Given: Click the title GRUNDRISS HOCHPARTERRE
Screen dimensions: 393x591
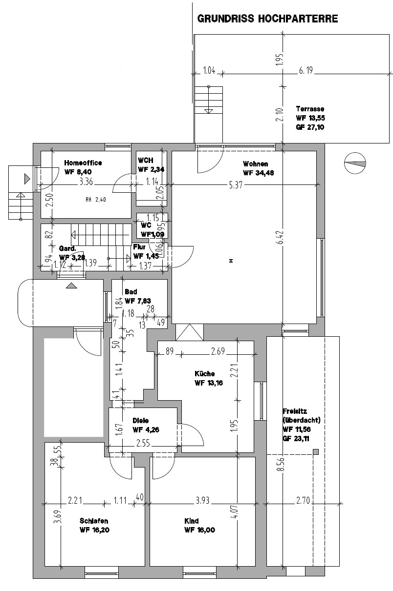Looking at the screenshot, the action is click(x=267, y=19).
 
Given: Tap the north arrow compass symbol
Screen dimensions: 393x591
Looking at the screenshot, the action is click(x=355, y=163).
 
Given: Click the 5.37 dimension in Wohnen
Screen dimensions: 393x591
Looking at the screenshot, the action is click(x=236, y=185).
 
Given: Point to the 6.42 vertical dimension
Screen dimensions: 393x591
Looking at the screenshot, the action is click(x=281, y=238).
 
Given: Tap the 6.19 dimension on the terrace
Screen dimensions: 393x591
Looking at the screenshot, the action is click(x=306, y=70).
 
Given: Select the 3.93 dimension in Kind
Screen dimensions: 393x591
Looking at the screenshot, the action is click(x=202, y=500).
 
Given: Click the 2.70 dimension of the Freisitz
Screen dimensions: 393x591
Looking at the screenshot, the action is click(x=303, y=500).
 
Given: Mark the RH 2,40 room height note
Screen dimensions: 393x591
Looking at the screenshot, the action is click(x=96, y=200).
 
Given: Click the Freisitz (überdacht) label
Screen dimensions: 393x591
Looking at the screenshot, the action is click(x=301, y=415).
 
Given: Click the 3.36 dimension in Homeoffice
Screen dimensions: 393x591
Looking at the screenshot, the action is click(x=86, y=182).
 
